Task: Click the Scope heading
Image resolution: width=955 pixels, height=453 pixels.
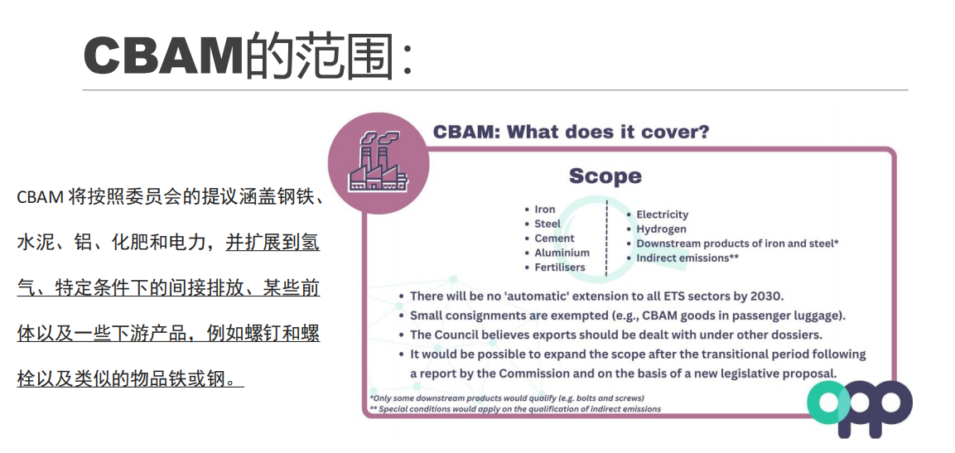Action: coord(605,176)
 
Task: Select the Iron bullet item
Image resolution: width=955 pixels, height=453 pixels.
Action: coord(545,210)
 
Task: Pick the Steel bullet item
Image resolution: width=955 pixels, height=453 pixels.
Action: coord(547,224)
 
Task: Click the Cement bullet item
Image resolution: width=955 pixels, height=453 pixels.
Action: coord(554,238)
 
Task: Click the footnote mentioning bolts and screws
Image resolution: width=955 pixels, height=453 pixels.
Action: coord(507,398)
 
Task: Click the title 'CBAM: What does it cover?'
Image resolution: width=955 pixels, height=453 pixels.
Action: coord(571,132)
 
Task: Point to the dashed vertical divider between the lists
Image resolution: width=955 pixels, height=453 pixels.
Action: coord(606,238)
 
